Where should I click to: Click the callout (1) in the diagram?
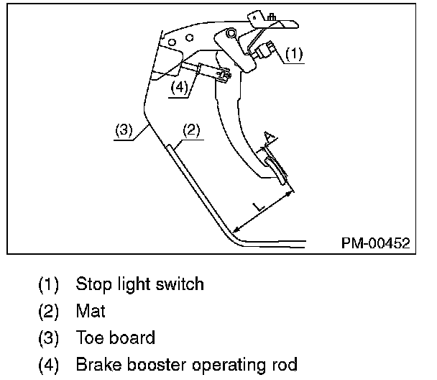point(294,53)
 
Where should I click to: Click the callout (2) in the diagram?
point(190,130)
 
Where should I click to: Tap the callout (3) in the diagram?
point(124,130)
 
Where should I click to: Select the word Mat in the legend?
point(89,310)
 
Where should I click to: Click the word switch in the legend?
point(182,284)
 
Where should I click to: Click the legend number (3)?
point(49,337)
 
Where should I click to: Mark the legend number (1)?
point(49,284)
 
